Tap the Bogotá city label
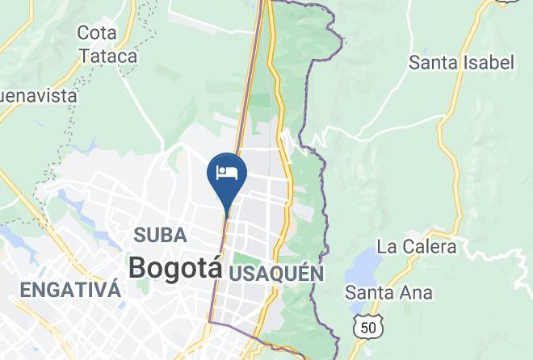174,267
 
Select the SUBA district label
160,236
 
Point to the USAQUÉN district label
276,274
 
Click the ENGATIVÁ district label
70,291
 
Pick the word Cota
97,33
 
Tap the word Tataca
107,57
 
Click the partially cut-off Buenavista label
38,95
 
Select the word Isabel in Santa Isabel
487,62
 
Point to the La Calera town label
417,246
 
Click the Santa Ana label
388,292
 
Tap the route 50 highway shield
368,326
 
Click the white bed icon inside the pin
227,171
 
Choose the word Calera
430,246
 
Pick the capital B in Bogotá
138,268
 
